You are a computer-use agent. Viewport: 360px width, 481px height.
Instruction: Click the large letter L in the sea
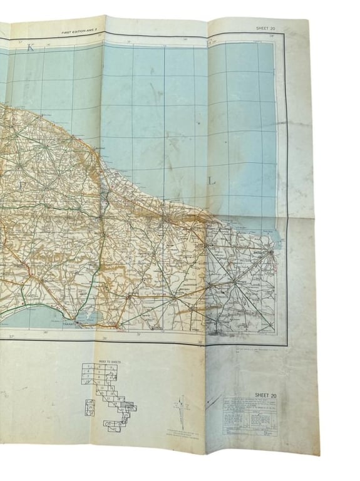(212, 181)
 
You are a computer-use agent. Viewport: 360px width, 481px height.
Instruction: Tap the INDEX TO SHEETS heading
(95, 364)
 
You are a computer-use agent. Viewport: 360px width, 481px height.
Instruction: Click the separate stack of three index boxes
(91, 407)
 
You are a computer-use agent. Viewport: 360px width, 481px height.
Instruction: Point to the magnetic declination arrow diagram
(182, 403)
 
